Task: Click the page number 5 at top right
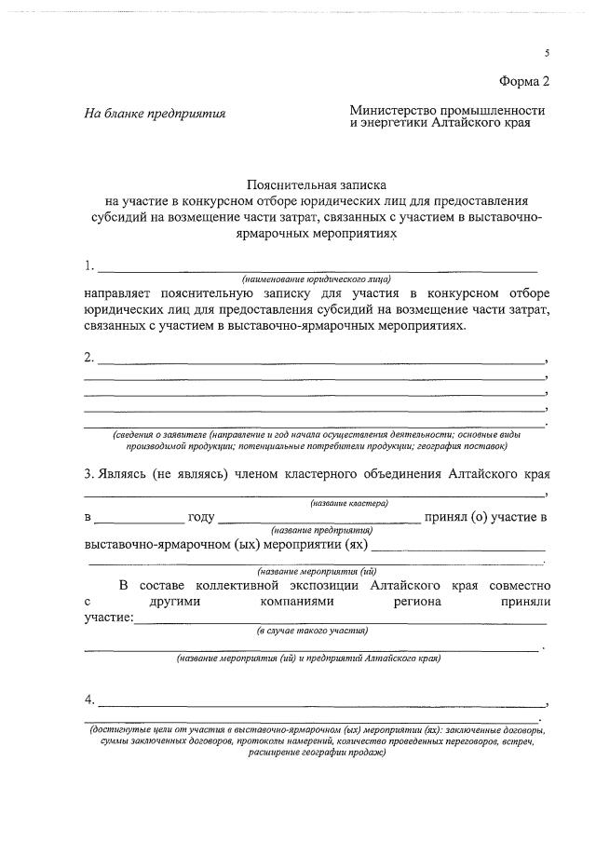pos(547,54)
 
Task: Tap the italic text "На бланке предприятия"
pos(156,115)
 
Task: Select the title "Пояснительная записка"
pos(316,185)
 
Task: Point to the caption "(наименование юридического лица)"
pos(316,278)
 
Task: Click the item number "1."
pos(89,265)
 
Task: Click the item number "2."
pos(89,357)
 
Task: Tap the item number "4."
pos(89,699)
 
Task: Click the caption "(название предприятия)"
pos(317,528)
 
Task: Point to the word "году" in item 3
pos(201,516)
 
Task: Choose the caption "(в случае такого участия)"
pos(312,630)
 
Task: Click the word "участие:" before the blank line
pos(109,618)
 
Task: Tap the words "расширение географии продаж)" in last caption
pos(316,753)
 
